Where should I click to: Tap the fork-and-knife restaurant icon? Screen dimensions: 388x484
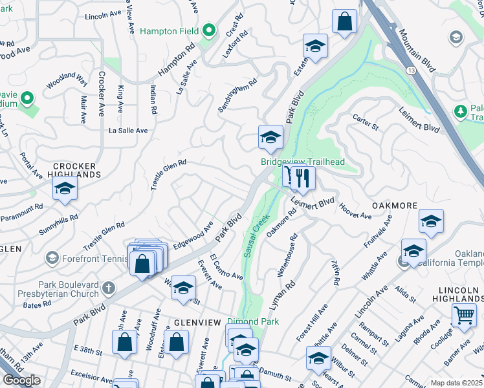coord(302,178)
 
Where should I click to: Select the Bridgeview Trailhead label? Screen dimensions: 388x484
coord(302,162)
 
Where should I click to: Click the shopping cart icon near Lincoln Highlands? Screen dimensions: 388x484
coord(464,316)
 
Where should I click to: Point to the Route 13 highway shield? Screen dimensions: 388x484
coord(411,69)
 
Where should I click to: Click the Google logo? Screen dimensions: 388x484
coord(22,380)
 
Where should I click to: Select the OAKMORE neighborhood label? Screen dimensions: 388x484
coord(393,205)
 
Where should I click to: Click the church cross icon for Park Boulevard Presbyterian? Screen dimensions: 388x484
coord(109,287)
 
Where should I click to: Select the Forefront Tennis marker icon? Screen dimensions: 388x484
coord(52,258)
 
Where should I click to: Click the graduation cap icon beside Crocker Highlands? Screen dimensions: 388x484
coord(65,189)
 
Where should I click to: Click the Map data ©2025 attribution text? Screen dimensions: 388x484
coord(457,383)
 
